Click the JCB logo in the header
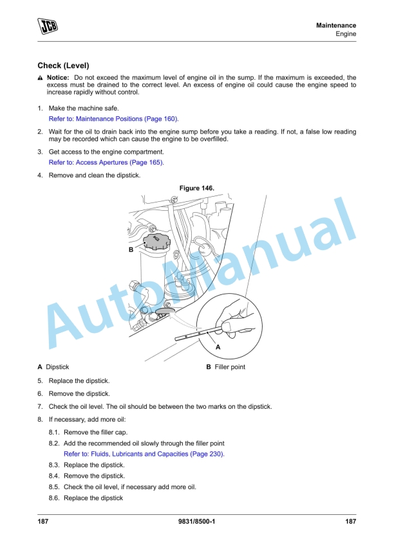coord(48,26)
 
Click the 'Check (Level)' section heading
coord(63,66)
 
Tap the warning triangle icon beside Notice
coord(40,78)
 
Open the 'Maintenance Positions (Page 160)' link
coord(127,119)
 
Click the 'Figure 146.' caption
coord(197,188)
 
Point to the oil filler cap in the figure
coord(156,242)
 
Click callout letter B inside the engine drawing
coord(131,249)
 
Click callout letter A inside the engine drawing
coord(218,347)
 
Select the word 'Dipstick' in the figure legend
coord(57,367)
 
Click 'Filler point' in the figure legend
coord(230,367)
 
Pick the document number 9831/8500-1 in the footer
coord(197,521)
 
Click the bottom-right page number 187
coord(351,521)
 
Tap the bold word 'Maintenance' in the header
coord(336,25)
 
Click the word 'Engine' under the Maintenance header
coord(346,33)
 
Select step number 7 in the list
coord(40,407)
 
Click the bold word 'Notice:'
coord(58,77)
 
